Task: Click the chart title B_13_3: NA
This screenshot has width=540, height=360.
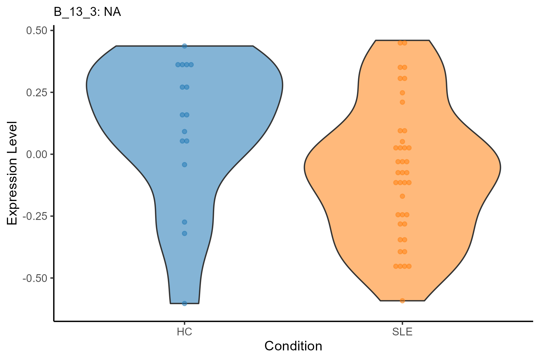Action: point(87,12)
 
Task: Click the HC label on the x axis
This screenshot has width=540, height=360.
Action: point(184,332)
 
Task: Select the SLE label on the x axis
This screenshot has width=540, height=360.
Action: point(402,332)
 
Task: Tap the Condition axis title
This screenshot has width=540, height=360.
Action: point(293,346)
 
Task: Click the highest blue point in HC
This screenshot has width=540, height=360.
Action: point(184,46)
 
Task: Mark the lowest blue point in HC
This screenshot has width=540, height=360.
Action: point(184,303)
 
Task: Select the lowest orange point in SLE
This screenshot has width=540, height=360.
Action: point(402,301)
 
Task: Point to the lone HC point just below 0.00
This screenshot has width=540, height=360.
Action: point(184,164)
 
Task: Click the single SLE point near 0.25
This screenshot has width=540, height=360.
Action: point(402,93)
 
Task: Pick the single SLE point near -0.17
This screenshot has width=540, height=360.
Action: point(402,196)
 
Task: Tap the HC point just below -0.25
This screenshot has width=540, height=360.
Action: point(184,222)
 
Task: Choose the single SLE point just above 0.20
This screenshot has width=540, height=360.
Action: point(402,102)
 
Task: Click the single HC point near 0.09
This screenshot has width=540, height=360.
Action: point(184,131)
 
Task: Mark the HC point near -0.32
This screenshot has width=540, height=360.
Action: point(184,233)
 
